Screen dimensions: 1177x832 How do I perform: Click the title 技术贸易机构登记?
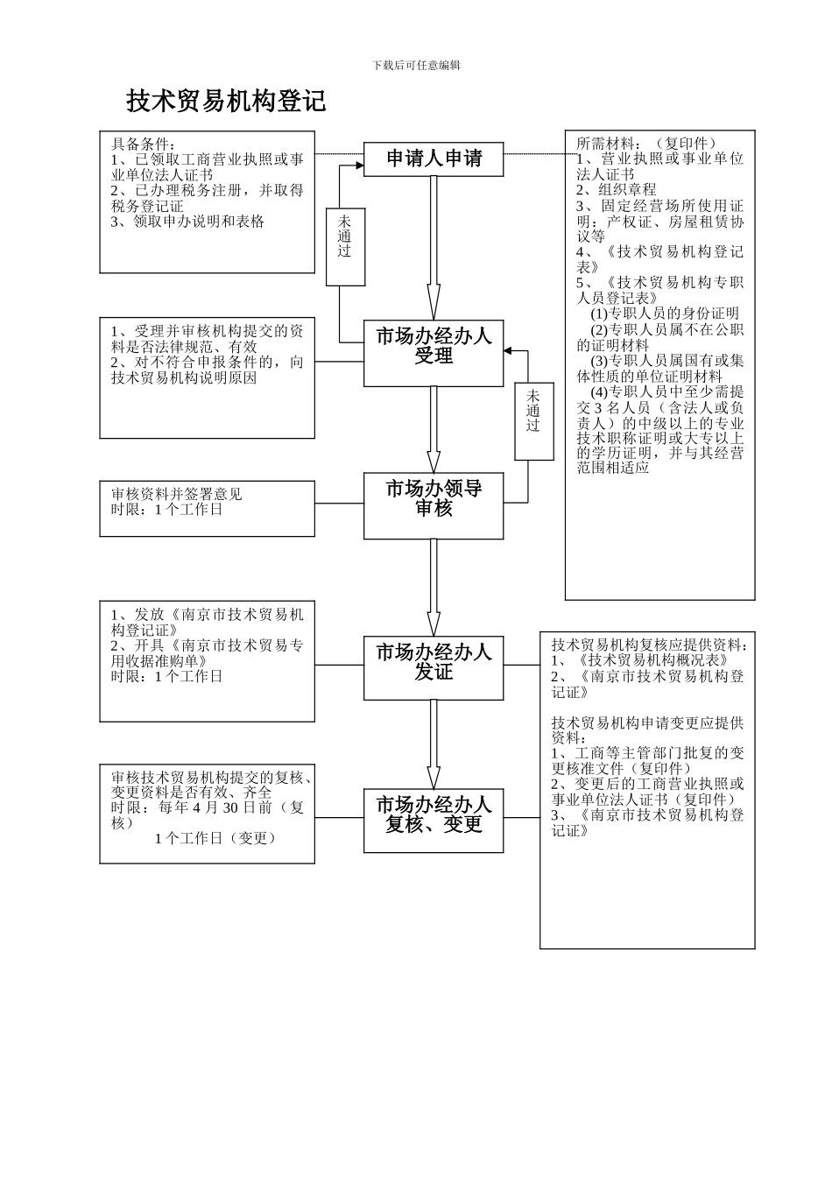226,102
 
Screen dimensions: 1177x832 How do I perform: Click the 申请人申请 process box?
434,159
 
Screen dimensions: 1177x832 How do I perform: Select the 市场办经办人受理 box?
434,346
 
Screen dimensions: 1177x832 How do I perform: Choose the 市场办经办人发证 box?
434,662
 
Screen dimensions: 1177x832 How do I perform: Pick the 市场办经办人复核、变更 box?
434,814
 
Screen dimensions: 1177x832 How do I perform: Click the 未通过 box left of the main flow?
345,236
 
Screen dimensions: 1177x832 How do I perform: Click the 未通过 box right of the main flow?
533,411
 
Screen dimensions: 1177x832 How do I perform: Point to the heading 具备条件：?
144,144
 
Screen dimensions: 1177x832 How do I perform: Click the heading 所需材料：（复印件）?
646,143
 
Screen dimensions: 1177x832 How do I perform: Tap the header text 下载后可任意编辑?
416,66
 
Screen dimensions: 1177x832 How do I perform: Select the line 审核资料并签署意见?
177,494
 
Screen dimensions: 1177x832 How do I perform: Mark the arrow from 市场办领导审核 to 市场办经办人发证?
434,587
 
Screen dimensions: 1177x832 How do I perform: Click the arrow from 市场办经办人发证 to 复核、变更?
434,744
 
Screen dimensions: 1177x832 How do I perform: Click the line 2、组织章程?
616,189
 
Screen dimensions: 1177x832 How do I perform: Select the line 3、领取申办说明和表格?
187,222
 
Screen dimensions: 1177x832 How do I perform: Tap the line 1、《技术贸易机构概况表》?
640,660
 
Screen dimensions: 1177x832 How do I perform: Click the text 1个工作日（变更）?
215,838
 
